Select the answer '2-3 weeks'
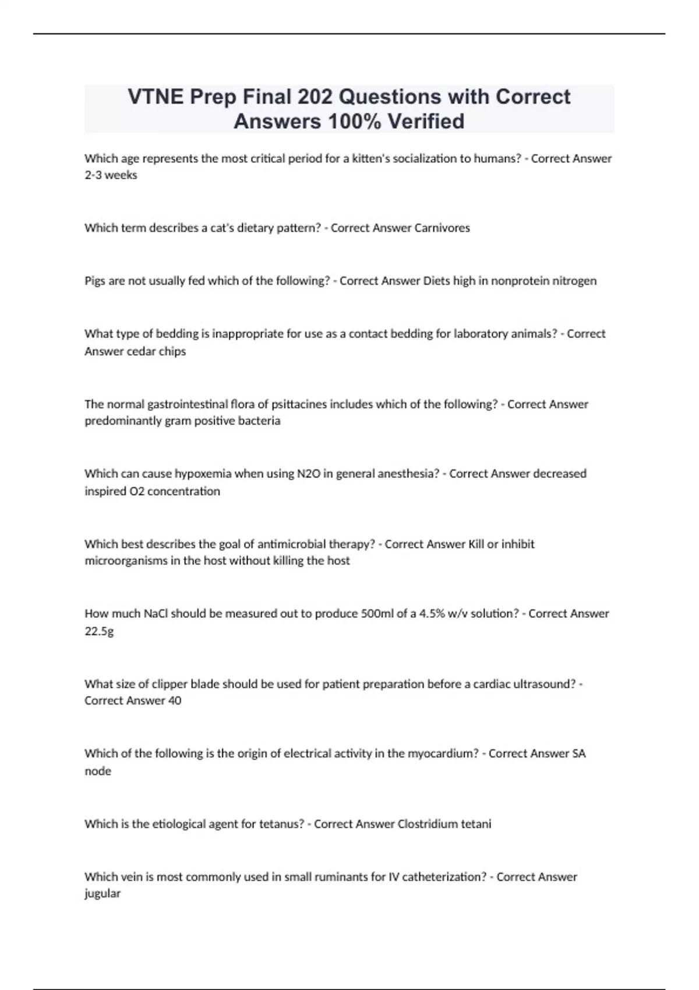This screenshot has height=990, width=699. [111, 175]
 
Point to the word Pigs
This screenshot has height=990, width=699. [95, 281]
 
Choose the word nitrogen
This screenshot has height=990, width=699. [573, 281]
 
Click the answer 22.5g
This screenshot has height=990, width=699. [99, 631]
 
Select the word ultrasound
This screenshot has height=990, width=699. [544, 684]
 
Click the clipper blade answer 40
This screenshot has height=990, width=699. [175, 701]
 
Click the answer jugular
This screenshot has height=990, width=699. [103, 894]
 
